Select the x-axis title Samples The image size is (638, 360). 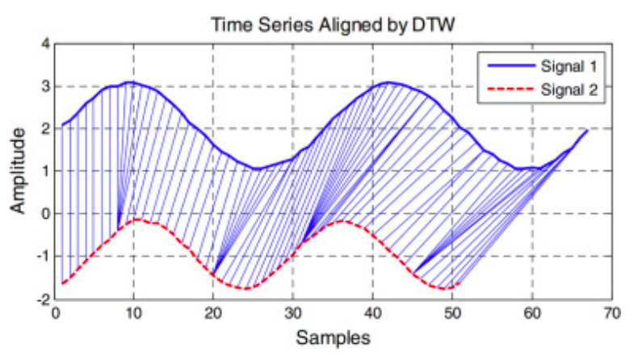333,337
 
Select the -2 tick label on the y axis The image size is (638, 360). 41,299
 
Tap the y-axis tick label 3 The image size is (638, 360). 44,86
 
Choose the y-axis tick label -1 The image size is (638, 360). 41,257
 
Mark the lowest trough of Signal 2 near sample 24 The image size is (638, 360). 245,288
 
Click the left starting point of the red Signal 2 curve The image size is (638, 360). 62,283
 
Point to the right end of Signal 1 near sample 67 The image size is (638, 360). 587,130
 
